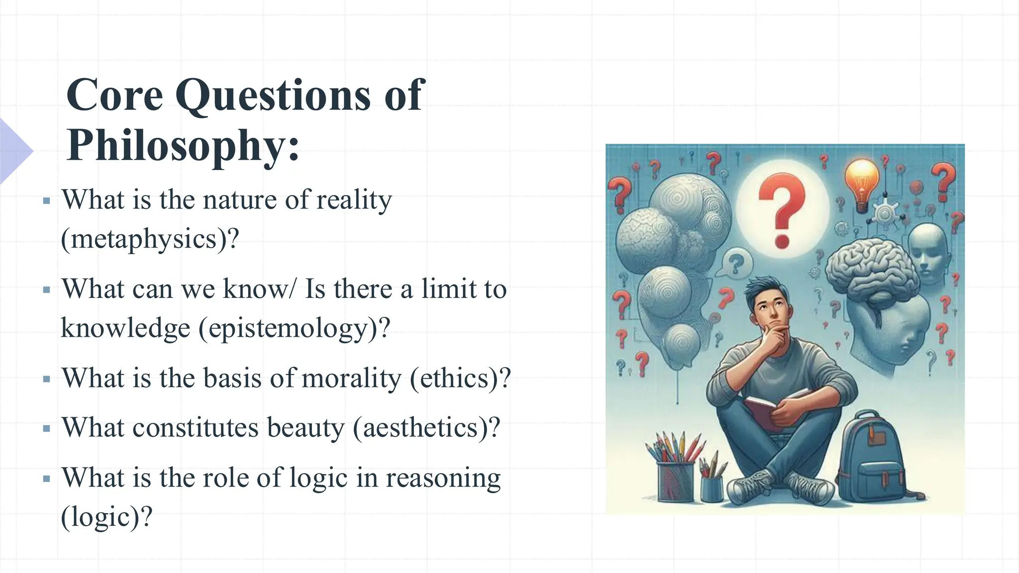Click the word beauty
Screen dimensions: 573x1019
(305, 428)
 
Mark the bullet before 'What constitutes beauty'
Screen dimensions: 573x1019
(47, 429)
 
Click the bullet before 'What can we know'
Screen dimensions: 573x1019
(47, 290)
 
